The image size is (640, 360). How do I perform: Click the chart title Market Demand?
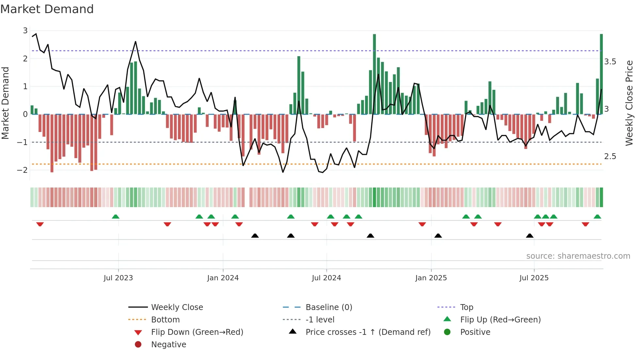(x=47, y=9)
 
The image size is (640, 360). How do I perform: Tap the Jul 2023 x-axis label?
(x=118, y=278)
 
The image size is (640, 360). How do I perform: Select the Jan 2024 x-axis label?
(x=223, y=278)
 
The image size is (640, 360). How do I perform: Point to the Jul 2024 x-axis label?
(x=326, y=278)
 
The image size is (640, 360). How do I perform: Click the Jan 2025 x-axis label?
(x=431, y=278)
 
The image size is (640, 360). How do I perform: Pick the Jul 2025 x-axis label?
(x=534, y=278)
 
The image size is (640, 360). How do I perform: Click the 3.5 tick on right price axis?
(x=610, y=62)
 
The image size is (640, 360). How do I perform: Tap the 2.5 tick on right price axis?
(x=610, y=156)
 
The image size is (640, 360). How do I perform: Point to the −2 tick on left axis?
(x=22, y=170)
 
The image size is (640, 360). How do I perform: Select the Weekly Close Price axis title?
(x=629, y=103)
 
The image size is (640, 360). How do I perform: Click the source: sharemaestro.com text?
(x=578, y=256)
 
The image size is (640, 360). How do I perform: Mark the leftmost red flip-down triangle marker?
(x=40, y=224)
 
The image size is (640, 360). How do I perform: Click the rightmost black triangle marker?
(x=530, y=236)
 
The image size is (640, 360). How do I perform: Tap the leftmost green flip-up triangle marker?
(x=116, y=217)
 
